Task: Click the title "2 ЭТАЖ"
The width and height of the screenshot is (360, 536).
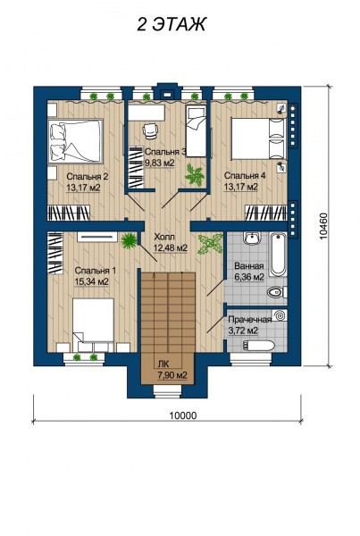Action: coord(171,25)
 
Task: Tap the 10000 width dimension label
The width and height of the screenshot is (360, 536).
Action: coord(183,415)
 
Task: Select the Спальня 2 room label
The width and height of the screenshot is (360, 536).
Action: coord(88,177)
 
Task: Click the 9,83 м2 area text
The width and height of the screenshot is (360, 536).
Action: coord(160,163)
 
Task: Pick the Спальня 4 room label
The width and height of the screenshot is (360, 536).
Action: coord(245,176)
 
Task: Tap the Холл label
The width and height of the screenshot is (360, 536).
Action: coord(164,237)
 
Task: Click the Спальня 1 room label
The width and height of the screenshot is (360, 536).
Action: coord(96,271)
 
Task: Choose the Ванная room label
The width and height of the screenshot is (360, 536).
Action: coord(249,266)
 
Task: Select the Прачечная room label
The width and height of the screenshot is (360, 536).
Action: coord(250,320)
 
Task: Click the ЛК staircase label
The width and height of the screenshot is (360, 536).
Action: coord(163,364)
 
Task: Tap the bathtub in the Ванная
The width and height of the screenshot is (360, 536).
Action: coord(278,254)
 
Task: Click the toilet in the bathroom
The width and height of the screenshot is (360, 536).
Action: coord(277,293)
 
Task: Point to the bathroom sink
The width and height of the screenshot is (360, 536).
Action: coord(252,239)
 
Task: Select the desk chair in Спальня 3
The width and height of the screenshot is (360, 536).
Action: coord(150,131)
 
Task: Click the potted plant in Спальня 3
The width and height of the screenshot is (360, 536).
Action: coord(195,175)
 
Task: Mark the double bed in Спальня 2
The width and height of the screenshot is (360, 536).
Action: coord(76,140)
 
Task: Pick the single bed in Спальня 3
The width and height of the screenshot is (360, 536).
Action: coord(196,130)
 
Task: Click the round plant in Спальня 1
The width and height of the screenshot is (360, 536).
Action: coord(129,240)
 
